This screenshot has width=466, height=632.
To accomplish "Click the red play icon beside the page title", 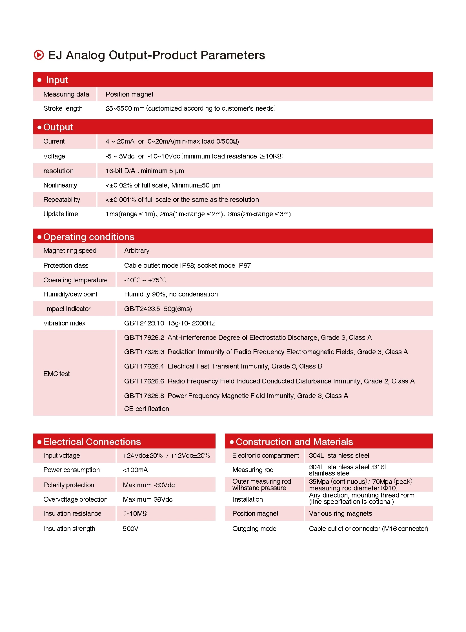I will tap(39, 55).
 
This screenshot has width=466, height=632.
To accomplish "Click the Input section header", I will tap(57, 80).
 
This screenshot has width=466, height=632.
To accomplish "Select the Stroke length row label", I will tap(63, 109).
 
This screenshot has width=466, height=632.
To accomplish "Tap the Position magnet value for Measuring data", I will tap(130, 94).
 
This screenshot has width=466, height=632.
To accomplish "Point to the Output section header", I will tap(58, 127).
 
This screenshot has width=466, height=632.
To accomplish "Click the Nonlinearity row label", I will tap(60, 185).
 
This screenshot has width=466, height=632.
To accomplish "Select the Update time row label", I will tap(61, 214).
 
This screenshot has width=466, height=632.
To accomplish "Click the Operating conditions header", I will tap(89, 237).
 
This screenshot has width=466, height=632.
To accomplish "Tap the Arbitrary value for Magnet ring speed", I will tap(137, 251).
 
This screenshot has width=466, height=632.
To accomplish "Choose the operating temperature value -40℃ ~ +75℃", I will tap(145, 280).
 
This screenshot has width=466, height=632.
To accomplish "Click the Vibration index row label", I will tap(64, 323).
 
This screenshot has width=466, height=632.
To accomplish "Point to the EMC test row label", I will tap(56, 374).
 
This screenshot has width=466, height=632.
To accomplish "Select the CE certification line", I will tap(147, 409).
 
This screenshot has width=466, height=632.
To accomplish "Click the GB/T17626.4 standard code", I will tap(144, 366).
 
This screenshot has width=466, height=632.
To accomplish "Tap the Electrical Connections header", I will tap(92, 442).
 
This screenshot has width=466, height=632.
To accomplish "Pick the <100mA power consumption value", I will tap(135, 470).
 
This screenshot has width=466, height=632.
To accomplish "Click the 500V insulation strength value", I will tap(130, 529).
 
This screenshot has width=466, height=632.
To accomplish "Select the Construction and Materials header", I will tap(294, 442).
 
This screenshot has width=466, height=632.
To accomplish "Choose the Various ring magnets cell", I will tap(340, 513).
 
